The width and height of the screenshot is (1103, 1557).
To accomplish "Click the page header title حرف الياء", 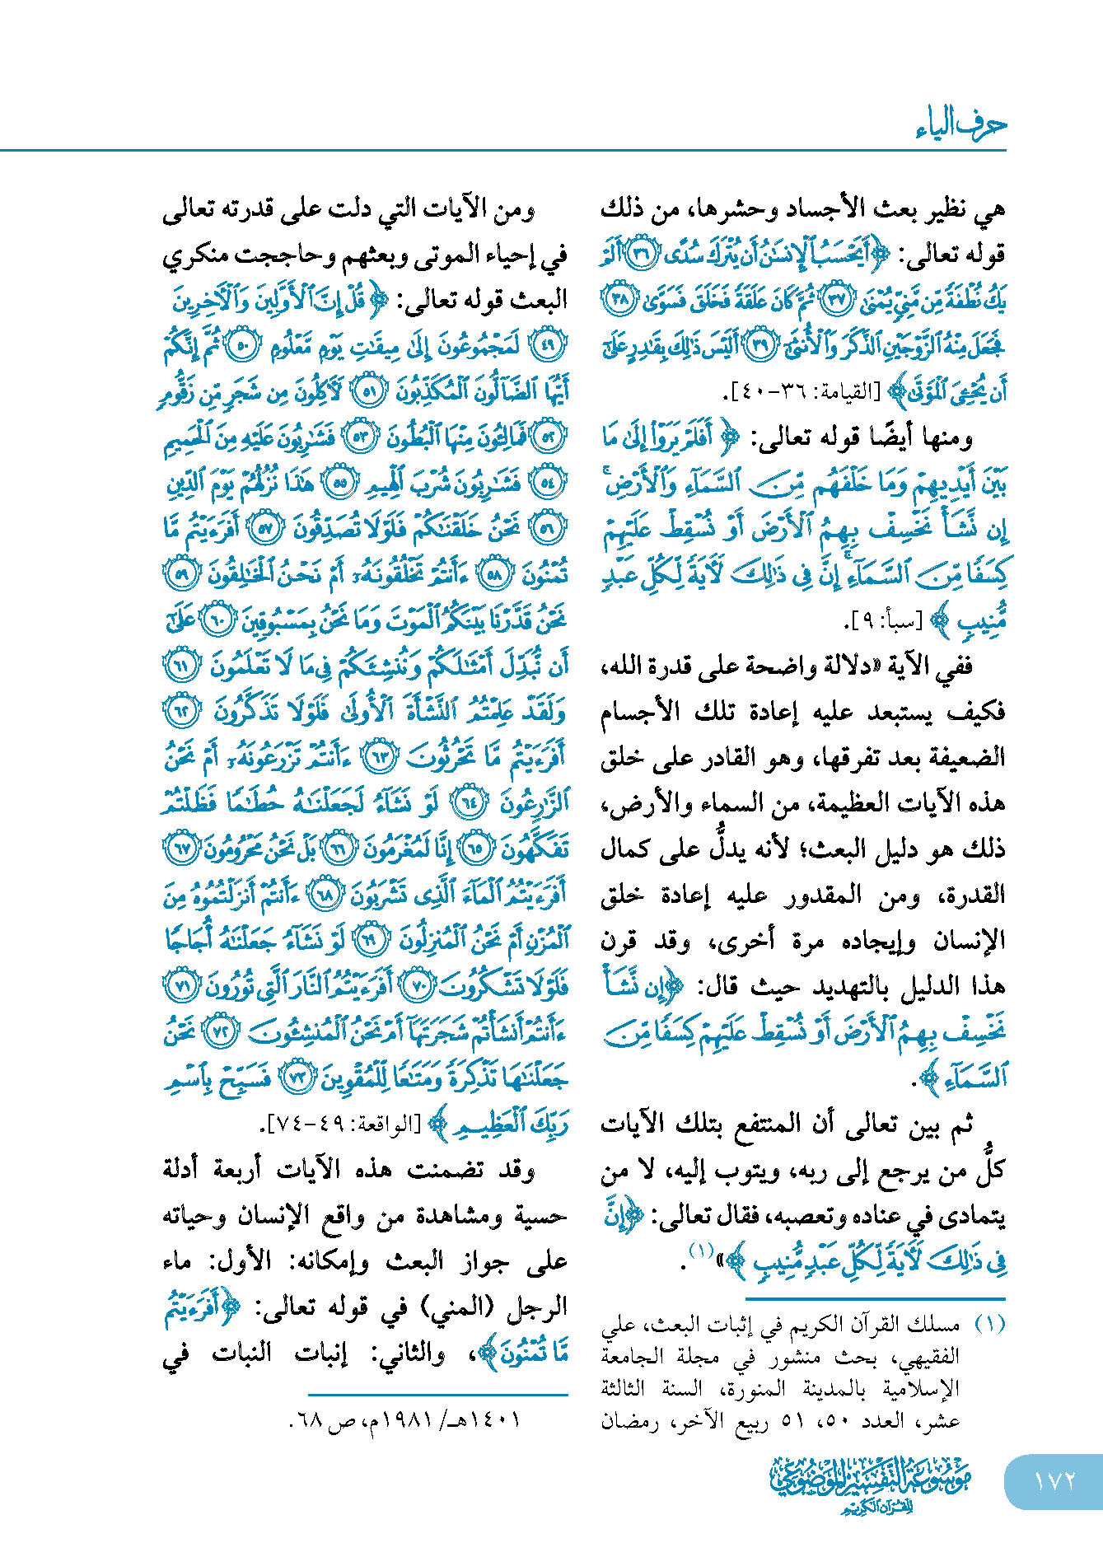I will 960,125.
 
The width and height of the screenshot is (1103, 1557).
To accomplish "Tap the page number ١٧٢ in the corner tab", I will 1054,1480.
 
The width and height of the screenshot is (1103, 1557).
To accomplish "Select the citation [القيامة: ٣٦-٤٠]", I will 806,393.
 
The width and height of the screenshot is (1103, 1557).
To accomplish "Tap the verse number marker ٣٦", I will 639,254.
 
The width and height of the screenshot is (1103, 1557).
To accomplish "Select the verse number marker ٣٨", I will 619,299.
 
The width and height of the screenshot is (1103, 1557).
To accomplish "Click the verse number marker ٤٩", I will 548,346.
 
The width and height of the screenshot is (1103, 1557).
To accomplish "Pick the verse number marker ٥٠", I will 244,346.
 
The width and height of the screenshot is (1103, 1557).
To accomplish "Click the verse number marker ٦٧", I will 181,849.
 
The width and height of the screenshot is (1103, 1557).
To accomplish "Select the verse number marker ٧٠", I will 418,986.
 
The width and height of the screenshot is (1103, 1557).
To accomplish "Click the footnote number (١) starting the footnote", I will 989,1324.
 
